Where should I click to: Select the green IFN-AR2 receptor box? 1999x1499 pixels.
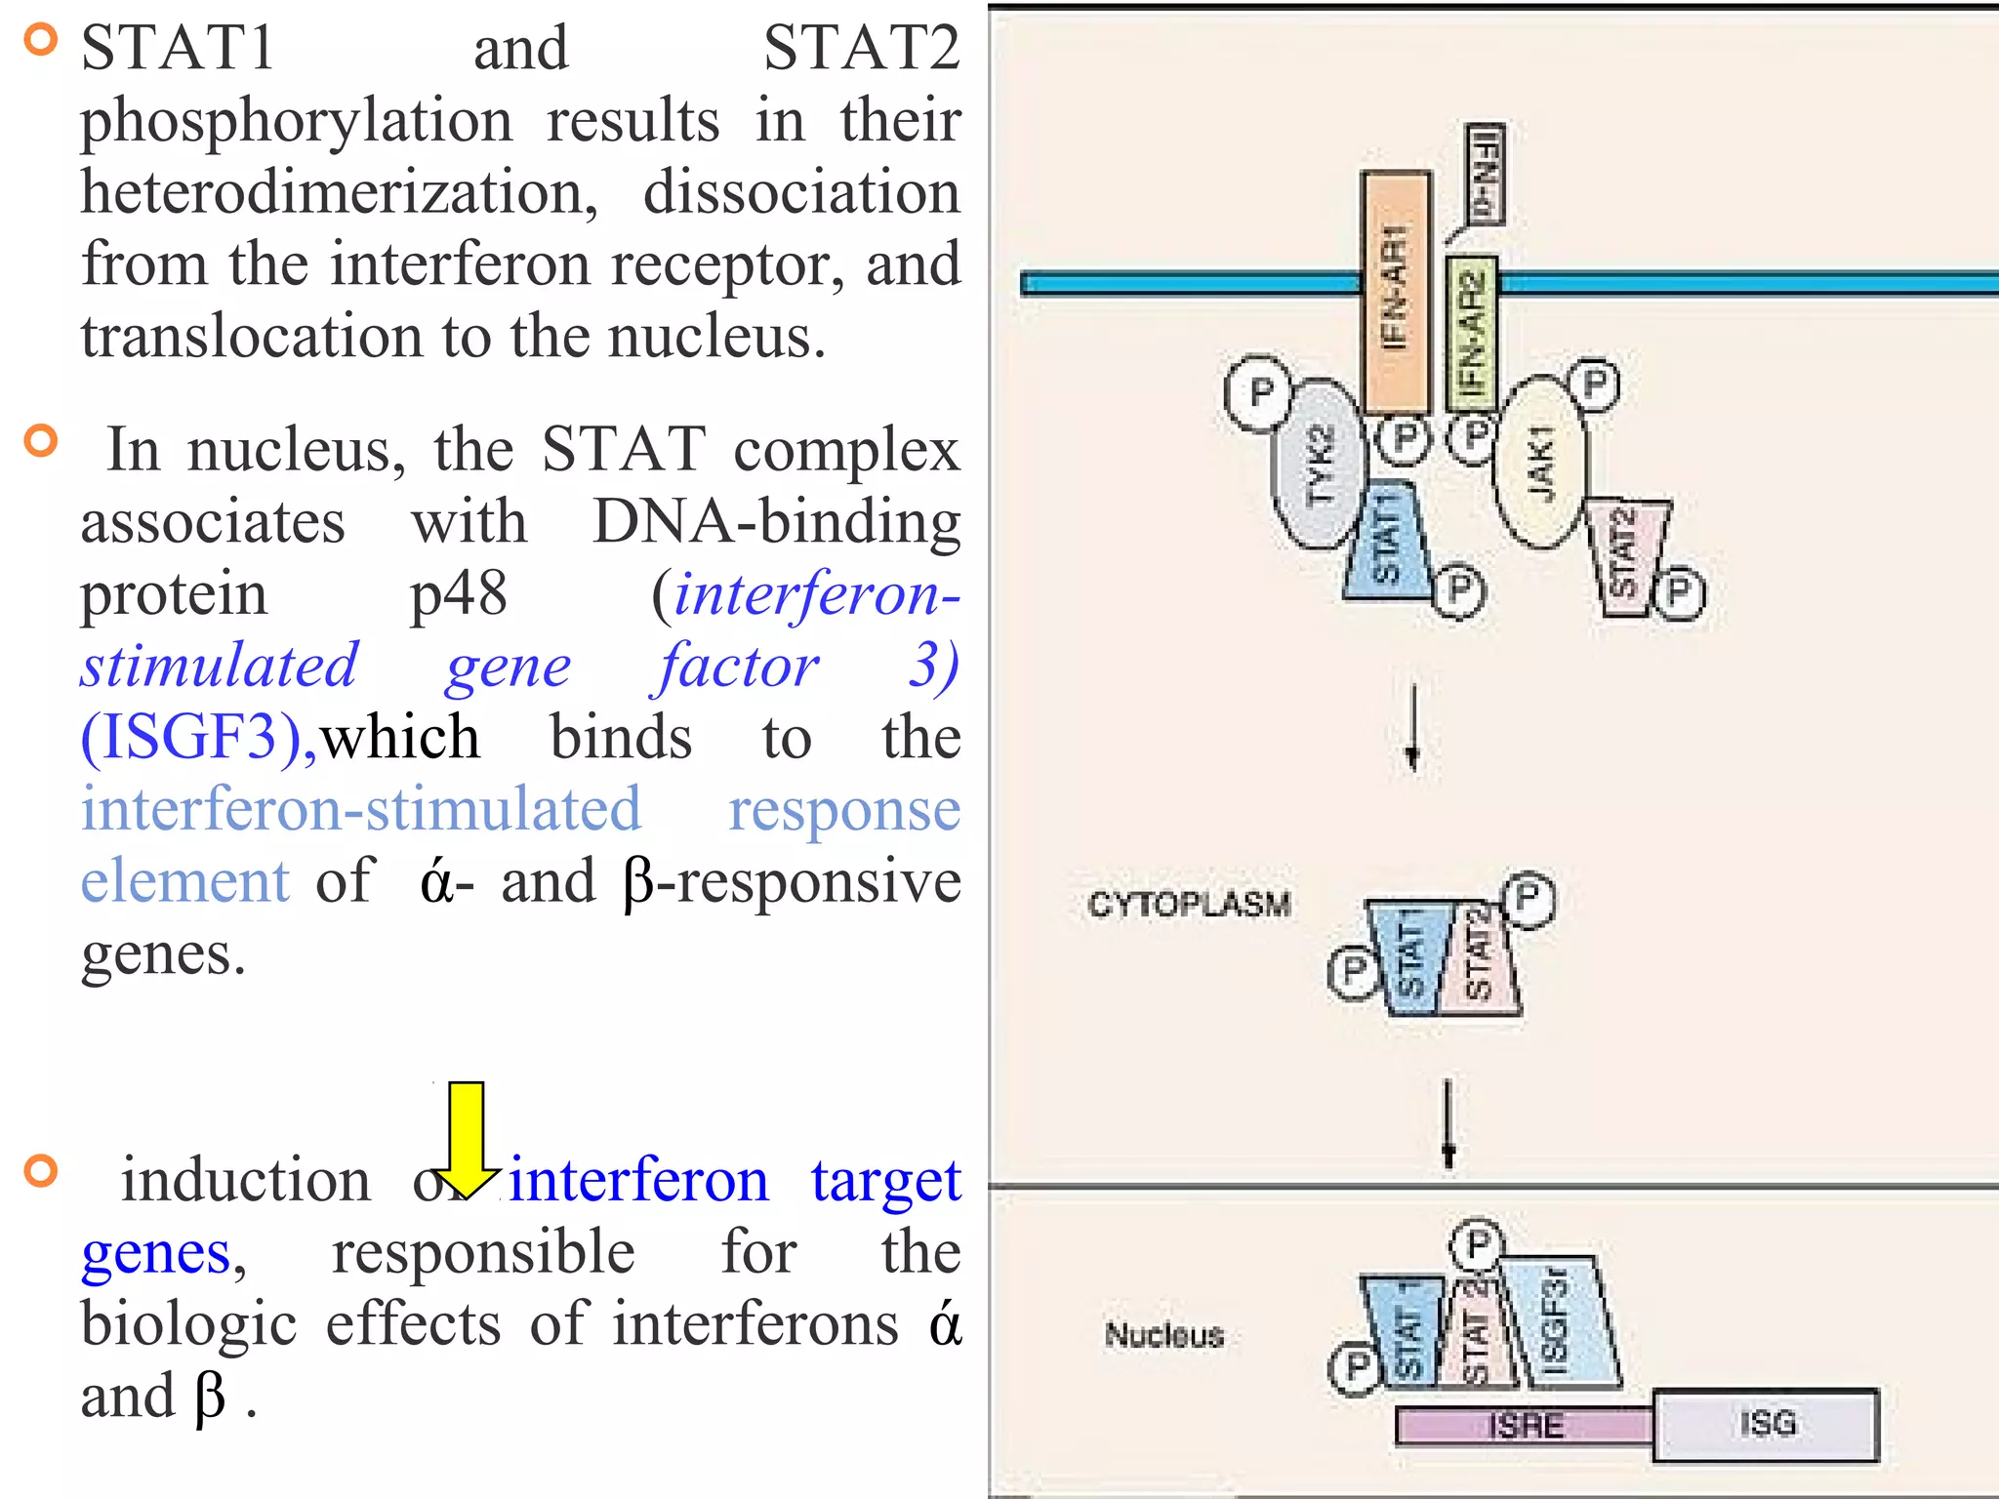coord(1471,332)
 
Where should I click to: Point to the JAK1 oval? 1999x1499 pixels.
coord(1540,464)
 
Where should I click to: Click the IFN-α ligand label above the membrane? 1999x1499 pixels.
coord(1485,174)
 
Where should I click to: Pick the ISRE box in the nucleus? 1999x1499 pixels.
coord(1525,1426)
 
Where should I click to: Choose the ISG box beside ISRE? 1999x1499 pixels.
coord(1766,1424)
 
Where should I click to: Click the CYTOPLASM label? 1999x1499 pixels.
coord(1189,904)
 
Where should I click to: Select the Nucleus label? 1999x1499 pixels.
coord(1163,1334)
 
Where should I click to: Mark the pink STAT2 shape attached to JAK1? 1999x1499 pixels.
coord(1625,556)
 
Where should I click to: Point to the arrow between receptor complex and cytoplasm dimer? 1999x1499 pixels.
coord(1412,727)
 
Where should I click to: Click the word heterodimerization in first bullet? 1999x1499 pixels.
coord(339,192)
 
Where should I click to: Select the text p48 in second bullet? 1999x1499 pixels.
coord(458,593)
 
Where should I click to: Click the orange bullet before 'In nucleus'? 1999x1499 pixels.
coord(41,441)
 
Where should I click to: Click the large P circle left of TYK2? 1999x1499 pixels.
coord(1259,392)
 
